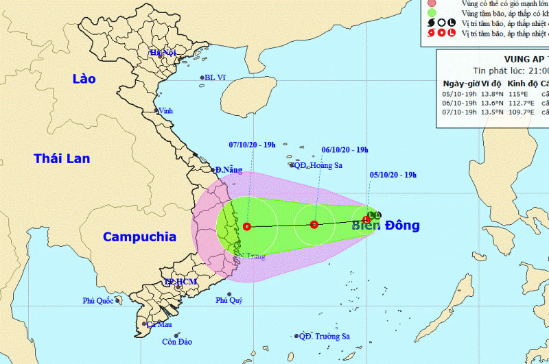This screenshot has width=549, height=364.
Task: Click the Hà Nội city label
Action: (x=164, y=52)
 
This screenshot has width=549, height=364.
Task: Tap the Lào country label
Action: (x=84, y=79)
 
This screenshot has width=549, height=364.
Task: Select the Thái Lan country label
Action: (x=62, y=158)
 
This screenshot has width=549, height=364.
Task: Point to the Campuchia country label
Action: (x=139, y=237)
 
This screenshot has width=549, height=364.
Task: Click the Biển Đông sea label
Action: (x=386, y=226)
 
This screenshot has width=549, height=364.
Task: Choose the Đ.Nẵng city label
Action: (x=229, y=169)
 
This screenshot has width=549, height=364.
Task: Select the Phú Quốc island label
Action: (x=98, y=300)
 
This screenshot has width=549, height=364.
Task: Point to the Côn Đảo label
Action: (x=174, y=341)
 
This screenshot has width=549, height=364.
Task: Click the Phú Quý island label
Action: (x=229, y=300)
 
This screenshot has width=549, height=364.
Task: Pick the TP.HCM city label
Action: (x=180, y=282)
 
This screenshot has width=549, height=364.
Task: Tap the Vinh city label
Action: (x=165, y=110)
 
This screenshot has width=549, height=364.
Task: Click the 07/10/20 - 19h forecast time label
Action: (x=252, y=145)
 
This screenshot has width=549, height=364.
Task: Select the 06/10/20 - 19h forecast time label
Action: (x=345, y=149)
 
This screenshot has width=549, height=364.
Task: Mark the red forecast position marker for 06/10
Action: (x=314, y=224)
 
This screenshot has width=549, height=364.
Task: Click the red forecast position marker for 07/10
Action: (x=246, y=226)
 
